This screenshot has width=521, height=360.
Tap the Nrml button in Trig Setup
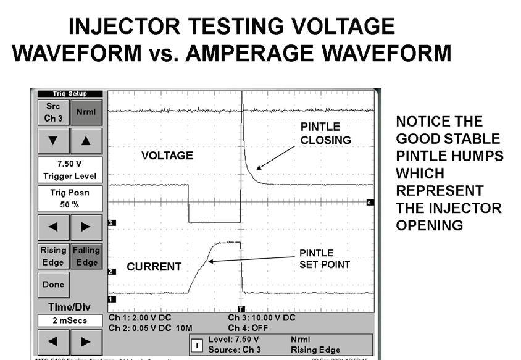tap(87, 112)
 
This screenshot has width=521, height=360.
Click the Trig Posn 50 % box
tap(70, 198)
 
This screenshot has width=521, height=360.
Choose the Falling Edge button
tap(87, 256)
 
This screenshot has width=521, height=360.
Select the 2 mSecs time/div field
tap(70, 321)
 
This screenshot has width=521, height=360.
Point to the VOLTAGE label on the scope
tap(167, 156)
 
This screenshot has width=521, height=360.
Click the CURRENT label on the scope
tap(154, 267)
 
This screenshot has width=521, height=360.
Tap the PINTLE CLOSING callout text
tap(325, 133)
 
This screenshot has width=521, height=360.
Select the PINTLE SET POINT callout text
tap(325, 259)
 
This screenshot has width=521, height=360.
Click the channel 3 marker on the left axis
tap(111, 222)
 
